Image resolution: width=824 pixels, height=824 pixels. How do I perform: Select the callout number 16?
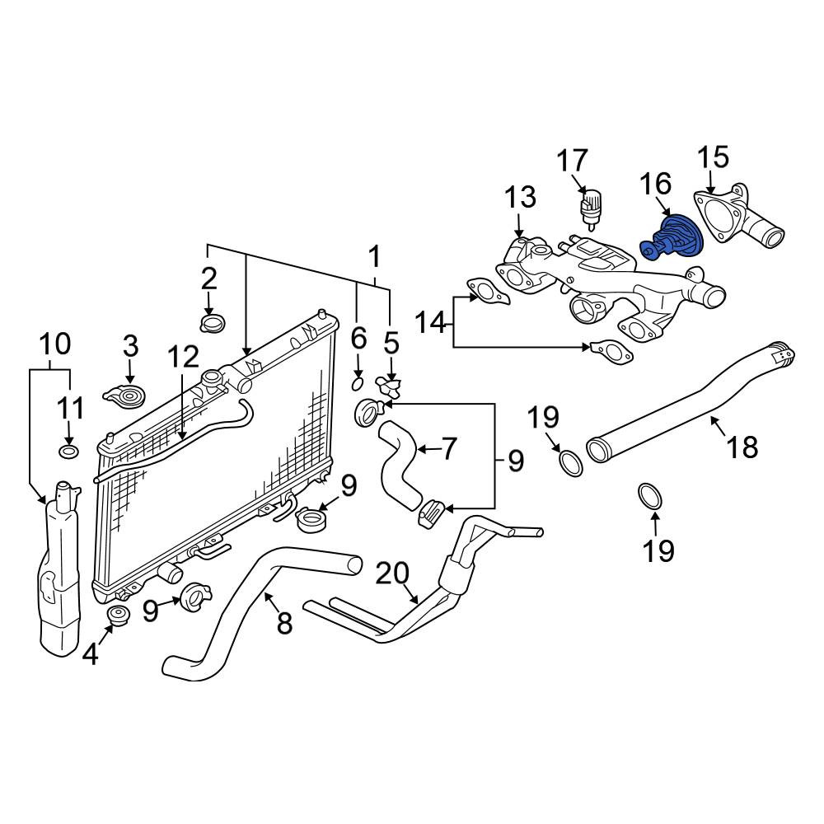point(655,184)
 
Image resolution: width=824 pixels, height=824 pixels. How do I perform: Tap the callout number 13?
point(520,197)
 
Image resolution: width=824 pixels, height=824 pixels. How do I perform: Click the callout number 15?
point(713,157)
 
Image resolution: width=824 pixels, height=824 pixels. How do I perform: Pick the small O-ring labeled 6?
point(357,384)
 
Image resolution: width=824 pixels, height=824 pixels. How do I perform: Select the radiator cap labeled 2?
point(213,323)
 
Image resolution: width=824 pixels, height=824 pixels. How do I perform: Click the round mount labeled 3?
point(124,397)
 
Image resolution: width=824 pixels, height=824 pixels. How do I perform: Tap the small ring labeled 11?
point(68,452)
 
